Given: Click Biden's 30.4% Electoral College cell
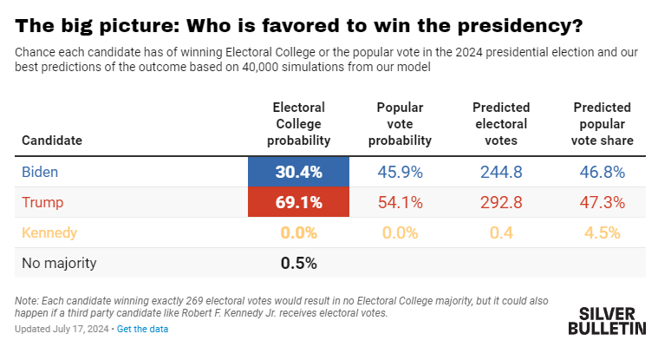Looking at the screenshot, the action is tap(298, 172).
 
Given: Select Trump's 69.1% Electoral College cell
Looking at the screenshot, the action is tap(298, 202).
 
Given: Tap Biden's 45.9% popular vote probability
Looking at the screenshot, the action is tap(400, 173).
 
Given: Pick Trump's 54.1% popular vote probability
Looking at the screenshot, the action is tap(400, 202).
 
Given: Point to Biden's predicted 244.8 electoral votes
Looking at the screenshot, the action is tap(501, 173).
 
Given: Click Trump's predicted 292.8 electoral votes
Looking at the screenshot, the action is tap(501, 202).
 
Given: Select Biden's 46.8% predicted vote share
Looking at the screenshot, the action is tap(603, 173).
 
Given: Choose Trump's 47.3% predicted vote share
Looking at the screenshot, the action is tap(603, 202).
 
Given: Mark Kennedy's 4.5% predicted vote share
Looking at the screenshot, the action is tap(603, 232).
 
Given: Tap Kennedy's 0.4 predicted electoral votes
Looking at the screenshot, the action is tap(501, 232).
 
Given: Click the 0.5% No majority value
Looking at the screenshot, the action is tap(298, 263).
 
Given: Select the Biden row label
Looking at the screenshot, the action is tap(40, 172).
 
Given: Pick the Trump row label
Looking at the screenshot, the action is tap(42, 202).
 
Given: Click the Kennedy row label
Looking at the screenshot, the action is tap(49, 232).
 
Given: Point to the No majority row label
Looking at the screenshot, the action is tap(59, 263).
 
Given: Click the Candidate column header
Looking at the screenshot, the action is tap(52, 141).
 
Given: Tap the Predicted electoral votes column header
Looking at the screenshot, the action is tap(501, 124).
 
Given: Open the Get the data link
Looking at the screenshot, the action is tap(142, 329).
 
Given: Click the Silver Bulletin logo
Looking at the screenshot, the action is tap(607, 321).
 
